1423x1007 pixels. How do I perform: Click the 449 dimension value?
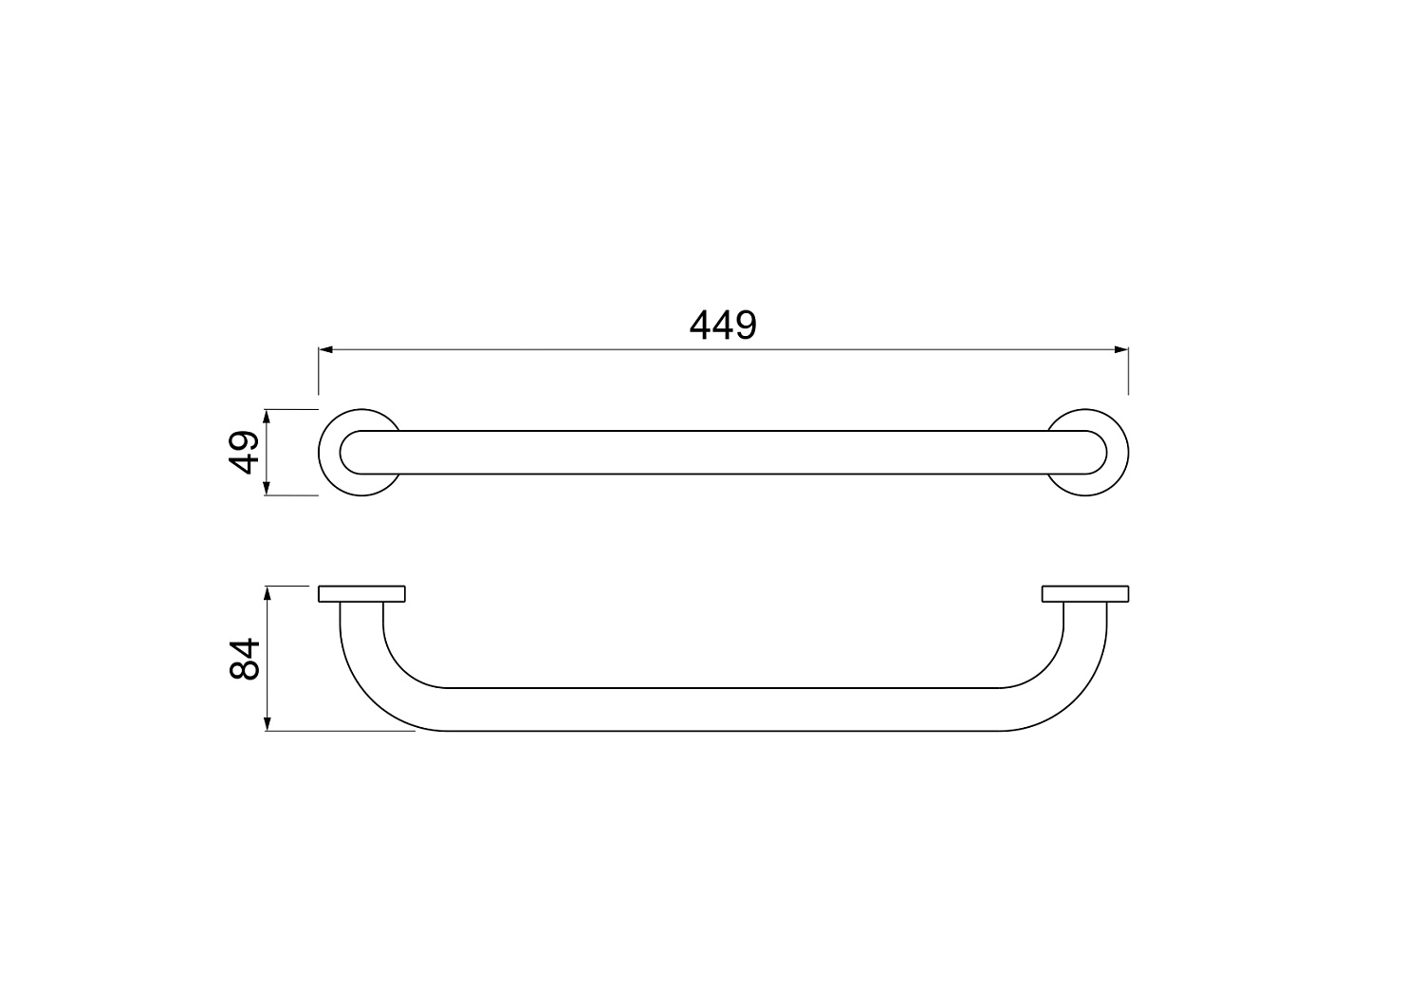pyautogui.click(x=723, y=325)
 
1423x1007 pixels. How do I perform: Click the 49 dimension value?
pyautogui.click(x=244, y=452)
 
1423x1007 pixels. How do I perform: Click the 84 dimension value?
pyautogui.click(x=245, y=660)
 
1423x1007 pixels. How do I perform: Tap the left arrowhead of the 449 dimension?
pyautogui.click(x=326, y=349)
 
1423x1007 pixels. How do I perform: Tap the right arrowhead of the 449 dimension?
pyautogui.click(x=1121, y=349)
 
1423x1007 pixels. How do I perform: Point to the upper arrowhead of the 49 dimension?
pyautogui.click(x=267, y=417)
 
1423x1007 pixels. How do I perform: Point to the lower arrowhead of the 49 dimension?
pyautogui.click(x=267, y=488)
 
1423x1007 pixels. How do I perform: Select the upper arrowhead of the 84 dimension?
pyautogui.click(x=268, y=594)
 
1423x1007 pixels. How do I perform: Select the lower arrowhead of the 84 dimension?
pyautogui.click(x=268, y=723)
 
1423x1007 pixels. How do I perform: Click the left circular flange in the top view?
pyautogui.click(x=329, y=452)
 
